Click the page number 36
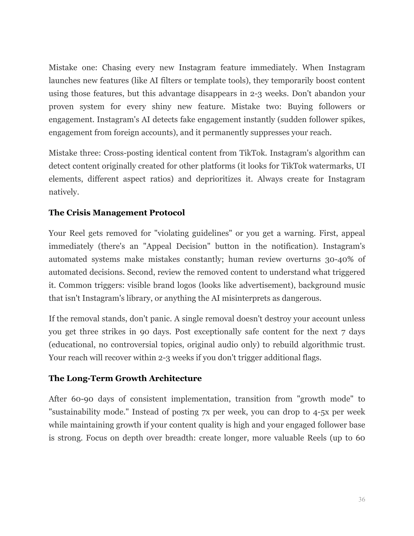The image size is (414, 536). pos(361,499)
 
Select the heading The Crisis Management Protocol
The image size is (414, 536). pos(117,213)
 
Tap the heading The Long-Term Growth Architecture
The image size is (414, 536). pos(125,378)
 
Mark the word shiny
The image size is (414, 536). pos(161,107)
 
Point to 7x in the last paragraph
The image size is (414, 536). pos(205,412)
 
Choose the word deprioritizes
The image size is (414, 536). pos(219,179)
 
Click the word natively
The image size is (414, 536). pos(64,192)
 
